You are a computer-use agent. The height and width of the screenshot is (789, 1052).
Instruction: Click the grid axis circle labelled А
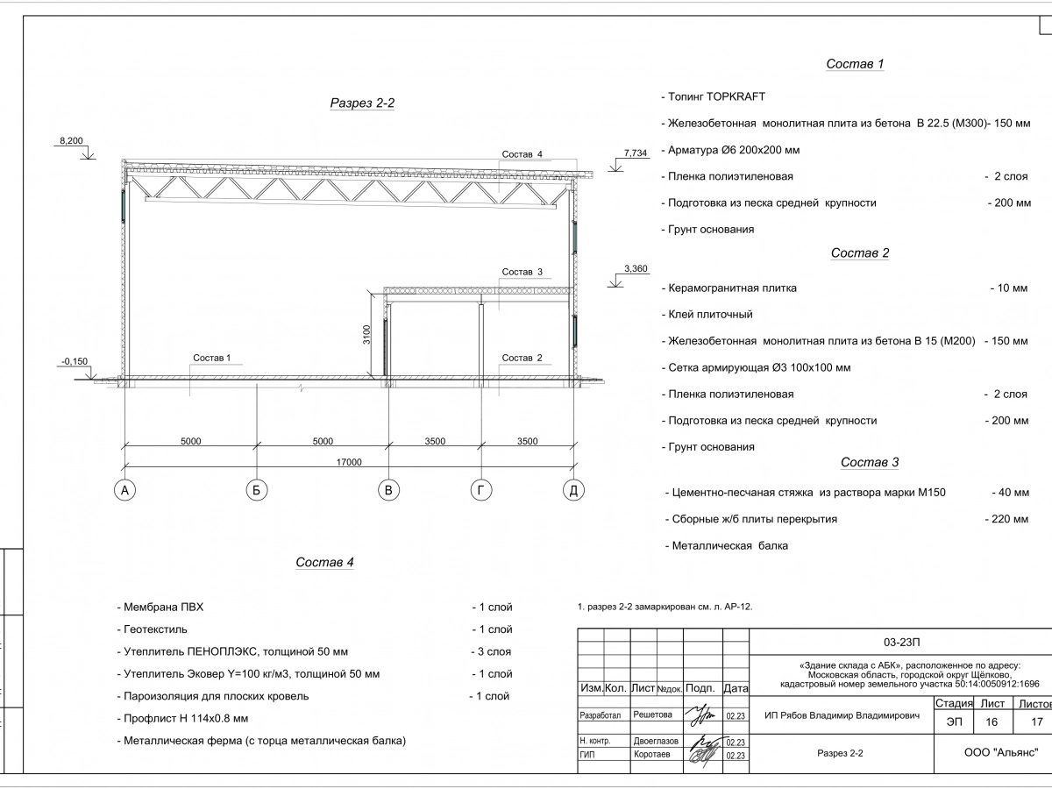coord(125,491)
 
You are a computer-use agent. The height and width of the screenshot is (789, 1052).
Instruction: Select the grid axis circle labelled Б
coord(256,491)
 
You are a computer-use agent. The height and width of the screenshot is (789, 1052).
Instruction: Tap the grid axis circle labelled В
coord(388,491)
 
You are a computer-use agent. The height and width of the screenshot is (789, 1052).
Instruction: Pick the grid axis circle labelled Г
coord(480,491)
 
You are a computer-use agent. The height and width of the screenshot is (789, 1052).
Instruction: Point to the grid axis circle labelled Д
coord(572,491)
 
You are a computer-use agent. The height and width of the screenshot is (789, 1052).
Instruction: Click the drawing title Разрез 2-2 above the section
coord(362,103)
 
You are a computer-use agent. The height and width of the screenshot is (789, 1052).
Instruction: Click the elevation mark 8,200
coord(71,140)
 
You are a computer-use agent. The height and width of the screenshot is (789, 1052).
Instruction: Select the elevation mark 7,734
coord(636,153)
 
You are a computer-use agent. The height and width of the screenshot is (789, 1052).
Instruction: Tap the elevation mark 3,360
coord(635,268)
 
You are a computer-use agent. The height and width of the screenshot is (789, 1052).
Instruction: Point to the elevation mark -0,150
coord(75,361)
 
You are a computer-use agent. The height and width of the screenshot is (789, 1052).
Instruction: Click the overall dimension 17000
coord(348,462)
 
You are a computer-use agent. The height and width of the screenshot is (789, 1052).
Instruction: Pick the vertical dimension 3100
coord(368,335)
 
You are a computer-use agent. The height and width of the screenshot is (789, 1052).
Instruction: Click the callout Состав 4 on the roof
coord(522,154)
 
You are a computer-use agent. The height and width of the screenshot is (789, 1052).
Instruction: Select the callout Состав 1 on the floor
coord(211,358)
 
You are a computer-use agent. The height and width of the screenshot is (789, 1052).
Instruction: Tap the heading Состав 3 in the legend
coord(870,463)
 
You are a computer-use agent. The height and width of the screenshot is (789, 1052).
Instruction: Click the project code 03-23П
coord(901,640)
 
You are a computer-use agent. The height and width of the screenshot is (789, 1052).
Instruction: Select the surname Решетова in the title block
coord(652,715)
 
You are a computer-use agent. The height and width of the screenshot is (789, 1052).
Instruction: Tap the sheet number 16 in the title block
coord(992,721)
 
